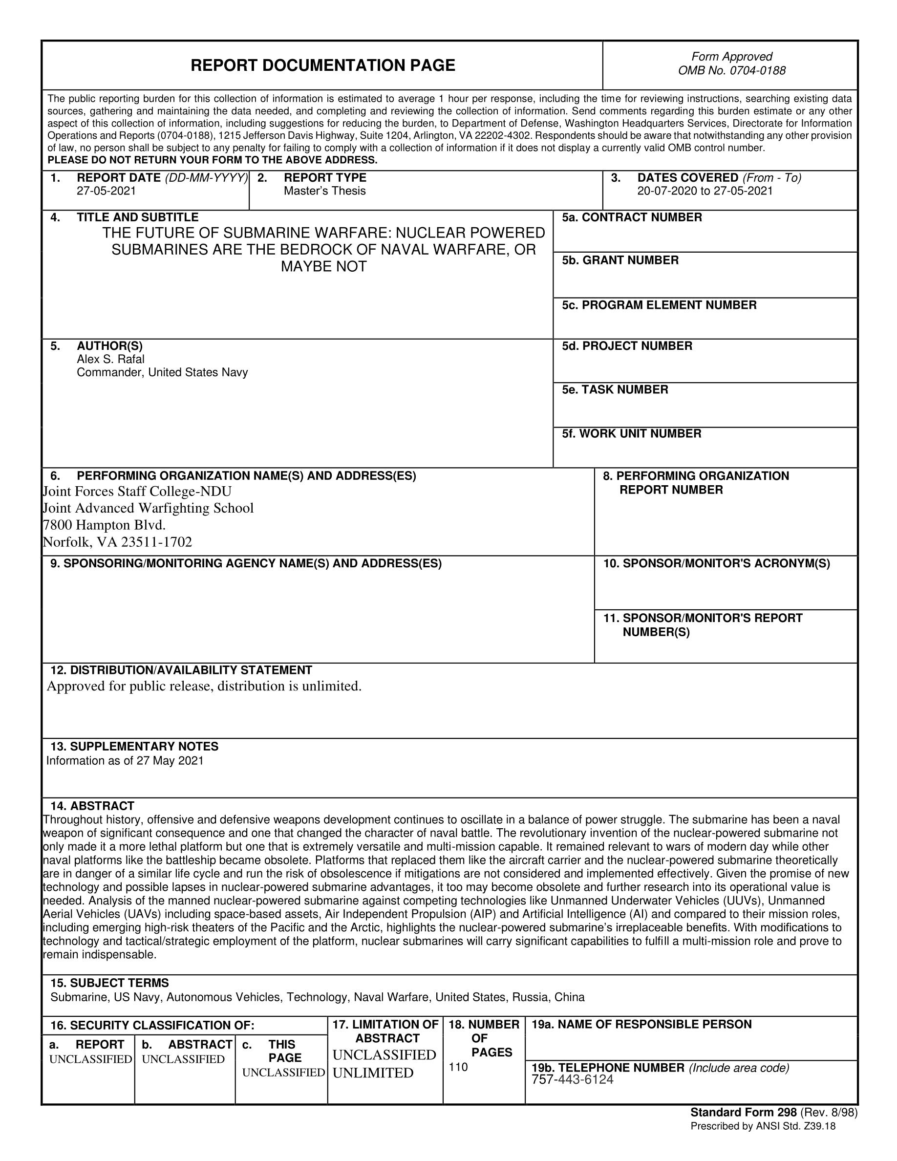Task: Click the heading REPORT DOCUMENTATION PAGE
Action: tap(322, 65)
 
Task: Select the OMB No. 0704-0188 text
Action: tap(731, 71)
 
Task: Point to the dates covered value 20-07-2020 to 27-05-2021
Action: tap(705, 191)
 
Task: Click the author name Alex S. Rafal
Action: tap(110, 359)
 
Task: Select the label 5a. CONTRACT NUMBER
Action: tap(632, 217)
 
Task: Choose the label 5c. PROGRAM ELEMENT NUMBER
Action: tap(659, 305)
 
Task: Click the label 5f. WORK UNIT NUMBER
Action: tap(631, 434)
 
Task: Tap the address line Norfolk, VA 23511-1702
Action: tap(117, 542)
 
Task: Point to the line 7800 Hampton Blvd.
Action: tap(104, 525)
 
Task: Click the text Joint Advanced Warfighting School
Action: tap(148, 508)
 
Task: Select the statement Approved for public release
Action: tap(204, 686)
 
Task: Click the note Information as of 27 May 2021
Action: tap(125, 761)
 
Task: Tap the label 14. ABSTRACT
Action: tap(92, 806)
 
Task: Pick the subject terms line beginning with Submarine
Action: tap(317, 997)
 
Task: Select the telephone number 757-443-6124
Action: tap(572, 1080)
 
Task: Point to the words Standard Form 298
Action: tap(743, 1113)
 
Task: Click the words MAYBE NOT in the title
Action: tap(323, 266)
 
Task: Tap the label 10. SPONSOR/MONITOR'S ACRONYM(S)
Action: tap(716, 563)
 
